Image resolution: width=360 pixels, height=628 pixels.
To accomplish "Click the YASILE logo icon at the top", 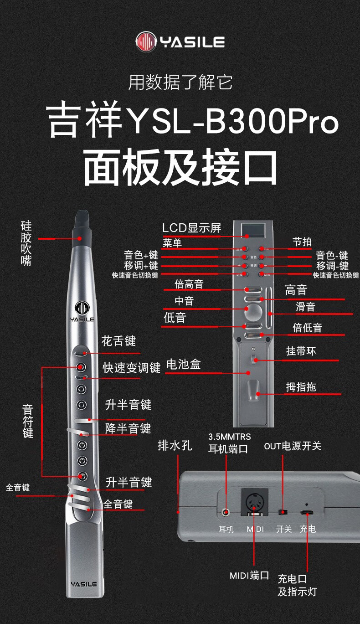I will pyautogui.click(x=146, y=41).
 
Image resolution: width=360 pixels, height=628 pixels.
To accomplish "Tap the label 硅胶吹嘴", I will pyautogui.click(x=26, y=243).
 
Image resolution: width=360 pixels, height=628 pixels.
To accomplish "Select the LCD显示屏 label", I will pyautogui.click(x=192, y=227).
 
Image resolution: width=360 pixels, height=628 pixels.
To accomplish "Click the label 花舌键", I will pyautogui.click(x=118, y=341).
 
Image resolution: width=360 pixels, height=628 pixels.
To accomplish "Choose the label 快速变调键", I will pyautogui.click(x=132, y=368).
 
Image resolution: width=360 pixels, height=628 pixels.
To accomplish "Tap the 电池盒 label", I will pyautogui.click(x=184, y=364).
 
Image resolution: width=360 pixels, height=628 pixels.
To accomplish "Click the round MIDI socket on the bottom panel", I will pyautogui.click(x=254, y=502).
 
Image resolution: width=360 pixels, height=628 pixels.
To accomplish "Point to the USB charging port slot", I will pyautogui.click(x=307, y=513).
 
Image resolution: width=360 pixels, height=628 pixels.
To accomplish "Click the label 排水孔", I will pyautogui.click(x=175, y=445).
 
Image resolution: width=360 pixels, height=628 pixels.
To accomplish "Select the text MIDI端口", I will pyautogui.click(x=249, y=576).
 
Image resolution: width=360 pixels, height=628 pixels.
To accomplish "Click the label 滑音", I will pyautogui.click(x=305, y=307).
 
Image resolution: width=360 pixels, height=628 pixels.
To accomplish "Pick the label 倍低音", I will pyautogui.click(x=307, y=328).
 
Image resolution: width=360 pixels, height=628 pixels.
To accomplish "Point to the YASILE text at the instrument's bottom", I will pyautogui.click(x=84, y=584).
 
